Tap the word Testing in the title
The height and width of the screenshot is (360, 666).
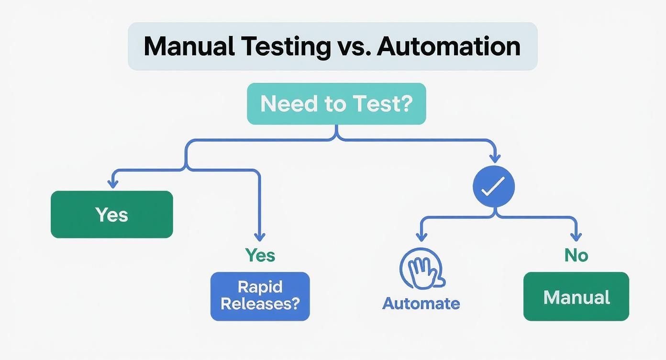pyautogui.click(x=286, y=47)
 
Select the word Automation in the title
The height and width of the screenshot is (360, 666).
pyautogui.click(x=448, y=47)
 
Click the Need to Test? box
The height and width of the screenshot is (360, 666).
pyautogui.click(x=336, y=104)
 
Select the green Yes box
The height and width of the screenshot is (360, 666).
pyautogui.click(x=111, y=214)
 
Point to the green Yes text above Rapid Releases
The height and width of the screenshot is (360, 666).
pyautogui.click(x=260, y=255)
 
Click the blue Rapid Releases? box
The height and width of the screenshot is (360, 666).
pyautogui.click(x=260, y=296)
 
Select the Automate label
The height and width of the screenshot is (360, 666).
pyautogui.click(x=421, y=303)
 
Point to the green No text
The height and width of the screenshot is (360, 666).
pyautogui.click(x=576, y=255)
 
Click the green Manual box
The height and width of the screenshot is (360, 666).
pyautogui.click(x=576, y=297)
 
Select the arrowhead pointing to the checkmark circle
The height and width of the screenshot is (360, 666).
pyautogui.click(x=495, y=158)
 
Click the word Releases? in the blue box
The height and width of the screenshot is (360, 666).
pyautogui.click(x=260, y=304)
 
